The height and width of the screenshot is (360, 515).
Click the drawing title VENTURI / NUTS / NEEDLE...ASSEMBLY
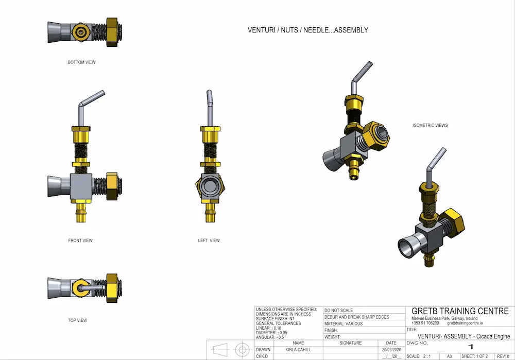pyautogui.click(x=308, y=30)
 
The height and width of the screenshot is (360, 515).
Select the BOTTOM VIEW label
pyautogui.click(x=81, y=62)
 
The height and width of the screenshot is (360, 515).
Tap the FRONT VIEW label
pyautogui.click(x=80, y=241)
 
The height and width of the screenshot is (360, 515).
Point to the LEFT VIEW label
pyautogui.click(x=209, y=241)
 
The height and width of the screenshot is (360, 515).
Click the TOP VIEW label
pyautogui.click(x=77, y=320)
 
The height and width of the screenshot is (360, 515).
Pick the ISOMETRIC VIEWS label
pyautogui.click(x=430, y=125)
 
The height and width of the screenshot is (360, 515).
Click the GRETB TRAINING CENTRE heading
pyautogui.click(x=460, y=311)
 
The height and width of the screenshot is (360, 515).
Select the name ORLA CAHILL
pyautogui.click(x=298, y=350)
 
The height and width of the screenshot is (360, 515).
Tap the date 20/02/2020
pyautogui.click(x=391, y=350)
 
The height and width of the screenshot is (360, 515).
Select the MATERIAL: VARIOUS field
pyautogui.click(x=344, y=324)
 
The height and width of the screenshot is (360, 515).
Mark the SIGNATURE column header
pyautogui.click(x=351, y=343)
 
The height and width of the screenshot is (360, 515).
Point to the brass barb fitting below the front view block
pyautogui.click(x=81, y=212)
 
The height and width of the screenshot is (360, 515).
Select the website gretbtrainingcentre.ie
pyautogui.click(x=465, y=323)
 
